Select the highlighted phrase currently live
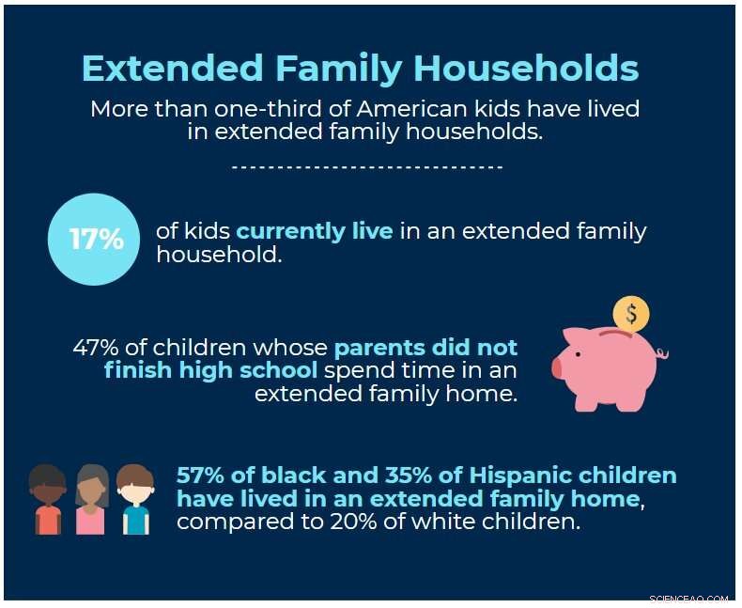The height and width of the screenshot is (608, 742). [x=315, y=231]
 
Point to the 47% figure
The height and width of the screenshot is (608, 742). [x=94, y=347]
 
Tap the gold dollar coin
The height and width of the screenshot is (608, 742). [x=630, y=314]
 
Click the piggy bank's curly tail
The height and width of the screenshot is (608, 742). [x=663, y=354]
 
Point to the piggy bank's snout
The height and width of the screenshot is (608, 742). [x=557, y=367]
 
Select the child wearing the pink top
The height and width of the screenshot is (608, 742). [x=91, y=500]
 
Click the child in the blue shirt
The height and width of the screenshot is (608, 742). [x=135, y=500]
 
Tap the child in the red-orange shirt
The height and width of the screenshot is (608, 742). [x=48, y=500]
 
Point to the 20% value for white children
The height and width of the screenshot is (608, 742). [x=394, y=521]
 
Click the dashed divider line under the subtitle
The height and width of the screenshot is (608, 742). [x=367, y=167]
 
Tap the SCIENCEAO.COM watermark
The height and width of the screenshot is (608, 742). [x=688, y=598]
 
